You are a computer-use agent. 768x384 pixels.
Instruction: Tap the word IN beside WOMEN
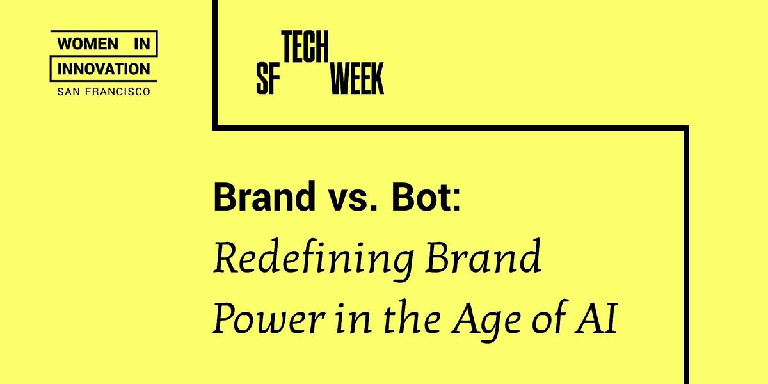(142, 44)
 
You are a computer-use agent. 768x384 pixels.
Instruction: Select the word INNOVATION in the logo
(104, 69)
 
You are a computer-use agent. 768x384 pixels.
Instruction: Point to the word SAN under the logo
(69, 92)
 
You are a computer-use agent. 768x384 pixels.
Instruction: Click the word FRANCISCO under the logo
(118, 92)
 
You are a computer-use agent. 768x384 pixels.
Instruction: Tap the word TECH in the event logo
(305, 47)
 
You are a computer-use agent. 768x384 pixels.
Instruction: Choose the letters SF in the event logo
(268, 79)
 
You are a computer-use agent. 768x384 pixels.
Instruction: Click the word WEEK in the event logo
(357, 79)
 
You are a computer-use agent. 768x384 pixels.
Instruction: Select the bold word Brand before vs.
(264, 196)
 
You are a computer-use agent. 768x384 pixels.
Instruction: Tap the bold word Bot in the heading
(420, 197)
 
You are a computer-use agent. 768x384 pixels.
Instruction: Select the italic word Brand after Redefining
(483, 256)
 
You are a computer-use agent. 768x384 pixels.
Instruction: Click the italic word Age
(486, 321)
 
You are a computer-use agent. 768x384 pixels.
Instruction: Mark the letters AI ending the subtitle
(596, 318)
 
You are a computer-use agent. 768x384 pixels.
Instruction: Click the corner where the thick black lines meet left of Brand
(215, 128)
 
